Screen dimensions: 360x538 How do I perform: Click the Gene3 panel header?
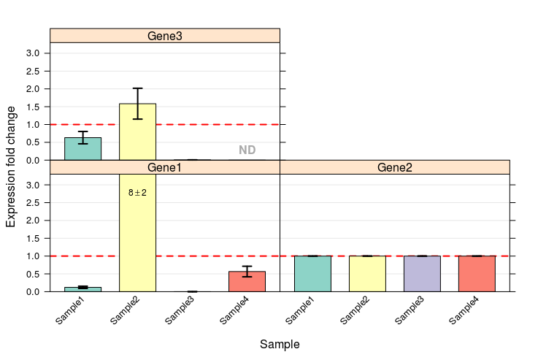pos(164,35)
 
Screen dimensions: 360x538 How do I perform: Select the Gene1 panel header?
pos(164,167)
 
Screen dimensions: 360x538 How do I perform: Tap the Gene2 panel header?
pos(394,167)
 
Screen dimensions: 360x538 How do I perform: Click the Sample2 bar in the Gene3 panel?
pos(137,132)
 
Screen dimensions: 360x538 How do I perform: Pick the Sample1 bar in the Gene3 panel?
pos(82,149)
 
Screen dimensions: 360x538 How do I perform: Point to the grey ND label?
pos(247,150)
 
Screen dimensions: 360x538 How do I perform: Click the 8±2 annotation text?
pos(137,193)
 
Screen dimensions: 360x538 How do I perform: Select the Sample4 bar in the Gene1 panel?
pos(247,282)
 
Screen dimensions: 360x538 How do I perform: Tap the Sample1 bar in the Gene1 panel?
pos(82,289)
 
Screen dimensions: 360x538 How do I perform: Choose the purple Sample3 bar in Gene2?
pos(422,274)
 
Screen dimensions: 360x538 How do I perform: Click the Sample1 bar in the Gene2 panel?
pos(312,274)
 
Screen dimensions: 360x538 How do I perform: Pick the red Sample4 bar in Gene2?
pos(477,274)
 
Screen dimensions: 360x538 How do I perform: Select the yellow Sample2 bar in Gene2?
pos(367,274)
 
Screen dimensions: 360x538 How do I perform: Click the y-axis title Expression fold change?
pos(11,166)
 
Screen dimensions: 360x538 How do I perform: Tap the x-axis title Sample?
pos(280,344)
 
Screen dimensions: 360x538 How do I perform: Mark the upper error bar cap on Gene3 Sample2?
pos(137,88)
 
